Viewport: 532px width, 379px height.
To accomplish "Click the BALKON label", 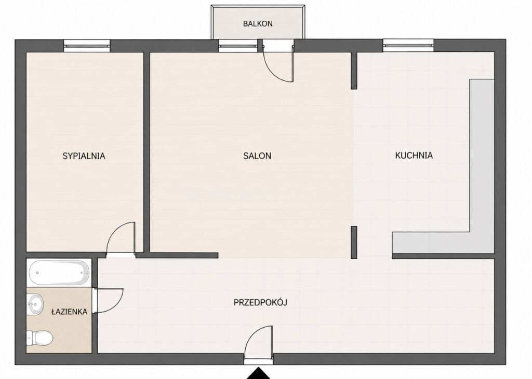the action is [258, 24].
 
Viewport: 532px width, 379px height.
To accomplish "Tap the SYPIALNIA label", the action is [84, 156].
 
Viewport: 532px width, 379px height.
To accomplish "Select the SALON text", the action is [257, 156].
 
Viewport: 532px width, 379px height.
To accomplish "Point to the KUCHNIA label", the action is [414, 156].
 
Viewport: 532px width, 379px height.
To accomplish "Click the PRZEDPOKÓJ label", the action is [260, 302].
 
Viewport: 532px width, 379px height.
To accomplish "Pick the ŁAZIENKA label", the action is [69, 312].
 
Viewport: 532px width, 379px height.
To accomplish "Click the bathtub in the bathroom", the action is [59, 273].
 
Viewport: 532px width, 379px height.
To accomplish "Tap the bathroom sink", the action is [35, 304].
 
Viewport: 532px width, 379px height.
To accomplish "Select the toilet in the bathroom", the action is [39, 338].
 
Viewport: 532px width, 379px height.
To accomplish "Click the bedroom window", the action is [87, 46].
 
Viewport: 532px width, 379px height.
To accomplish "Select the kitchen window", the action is [408, 46].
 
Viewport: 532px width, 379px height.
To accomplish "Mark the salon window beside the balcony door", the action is [238, 46].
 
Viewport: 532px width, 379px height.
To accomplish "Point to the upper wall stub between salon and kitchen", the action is [354, 71].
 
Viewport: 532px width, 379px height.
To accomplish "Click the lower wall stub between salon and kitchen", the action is [354, 243].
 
